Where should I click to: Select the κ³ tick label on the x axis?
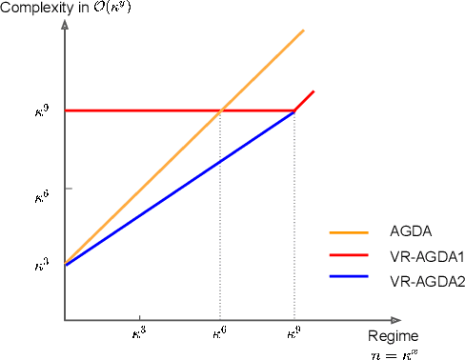click(140, 335)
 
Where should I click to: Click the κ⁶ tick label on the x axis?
click(219, 335)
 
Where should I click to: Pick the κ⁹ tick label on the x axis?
click(293, 335)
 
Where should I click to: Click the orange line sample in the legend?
click(349, 230)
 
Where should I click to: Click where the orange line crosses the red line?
click(221, 110)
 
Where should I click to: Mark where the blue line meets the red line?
click(293, 110)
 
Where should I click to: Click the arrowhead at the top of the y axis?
click(64, 21)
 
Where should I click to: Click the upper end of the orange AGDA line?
click(303, 30)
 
